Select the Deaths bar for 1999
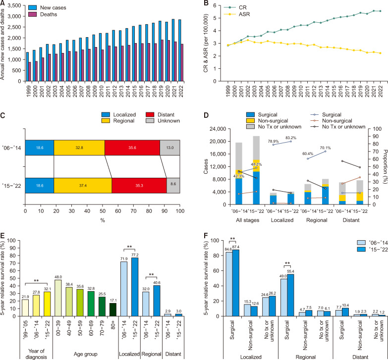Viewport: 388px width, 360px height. (x=29, y=69)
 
